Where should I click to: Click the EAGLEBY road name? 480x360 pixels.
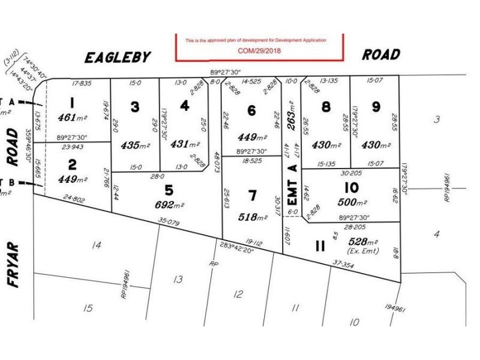pos(118,57)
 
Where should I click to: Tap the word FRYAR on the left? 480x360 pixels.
pos(14,265)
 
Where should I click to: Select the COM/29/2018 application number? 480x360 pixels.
pos(259,51)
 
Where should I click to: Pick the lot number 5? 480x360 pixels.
pos(169,190)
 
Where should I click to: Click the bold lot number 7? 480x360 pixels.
pos(252,195)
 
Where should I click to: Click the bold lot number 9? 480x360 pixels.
pos(376,106)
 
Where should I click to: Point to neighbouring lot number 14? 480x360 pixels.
pos(95,245)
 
